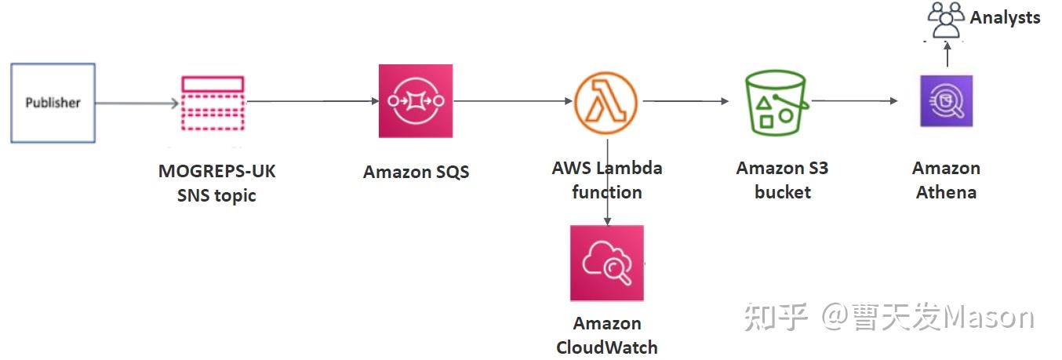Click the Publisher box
53,103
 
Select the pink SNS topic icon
213,103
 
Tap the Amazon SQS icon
416,101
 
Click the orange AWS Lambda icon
606,103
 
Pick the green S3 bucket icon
776,103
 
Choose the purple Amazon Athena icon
947,101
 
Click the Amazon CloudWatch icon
607,263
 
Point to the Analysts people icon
946,20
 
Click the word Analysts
1005,18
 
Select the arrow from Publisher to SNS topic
137,103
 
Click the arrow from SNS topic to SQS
312,101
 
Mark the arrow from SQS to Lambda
513,101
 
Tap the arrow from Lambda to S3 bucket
686,101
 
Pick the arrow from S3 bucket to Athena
855,100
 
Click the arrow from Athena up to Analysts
947,54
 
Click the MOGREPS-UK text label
216,171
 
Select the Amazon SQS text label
416,172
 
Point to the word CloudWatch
607,347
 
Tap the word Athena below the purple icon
947,193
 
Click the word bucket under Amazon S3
782,193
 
